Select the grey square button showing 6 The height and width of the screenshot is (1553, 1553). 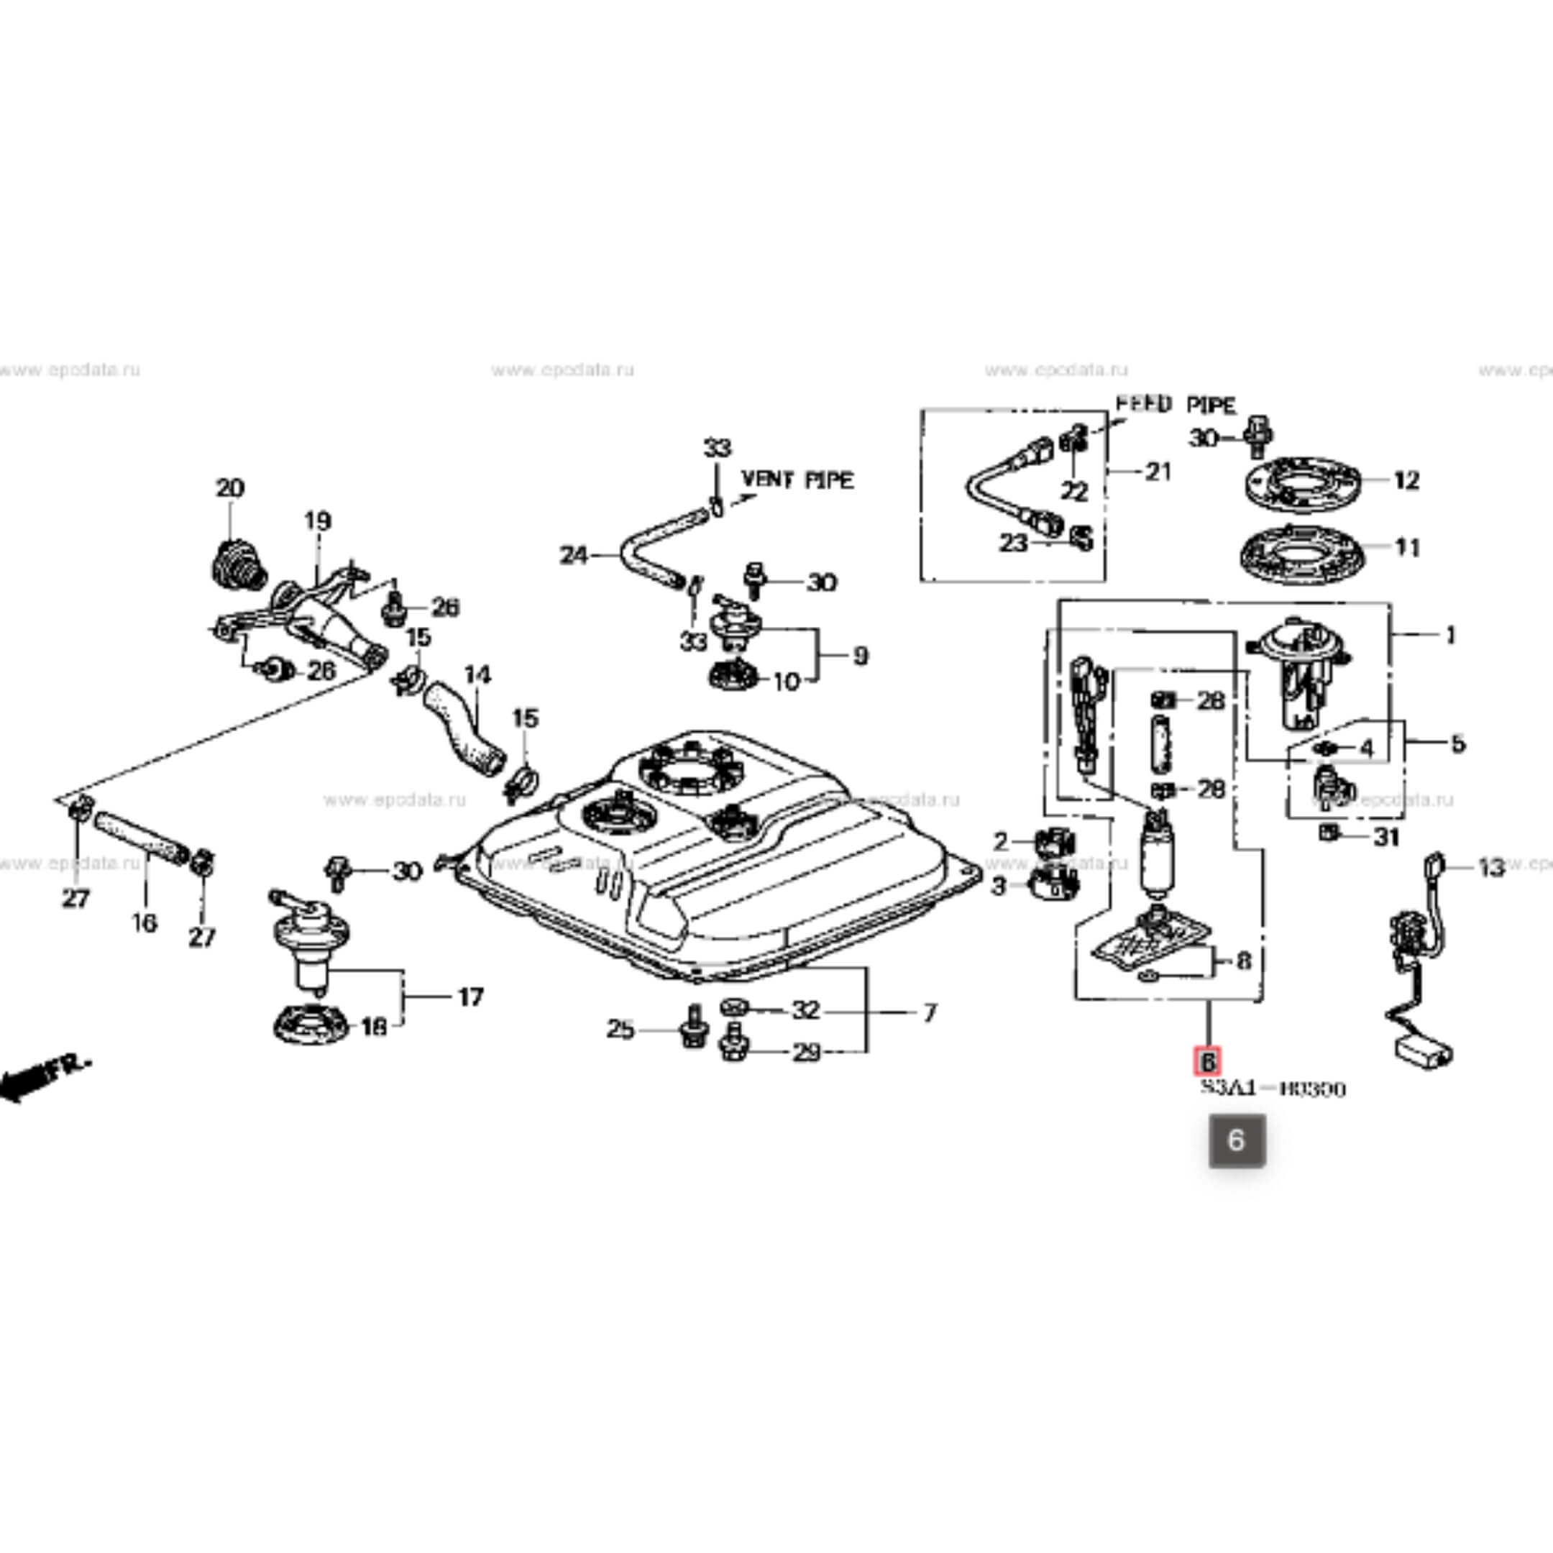tap(1237, 1140)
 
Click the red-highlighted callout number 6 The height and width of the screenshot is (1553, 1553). tap(1207, 1062)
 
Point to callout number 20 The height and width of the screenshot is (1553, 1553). tap(230, 488)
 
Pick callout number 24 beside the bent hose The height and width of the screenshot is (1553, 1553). tap(574, 556)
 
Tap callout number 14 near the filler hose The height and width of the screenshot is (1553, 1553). tap(477, 674)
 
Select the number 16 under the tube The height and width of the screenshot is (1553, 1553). tap(145, 922)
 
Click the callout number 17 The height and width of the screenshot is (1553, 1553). tap(470, 997)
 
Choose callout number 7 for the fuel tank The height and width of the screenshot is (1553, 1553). tap(929, 1013)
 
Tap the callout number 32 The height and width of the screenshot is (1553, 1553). tap(805, 1010)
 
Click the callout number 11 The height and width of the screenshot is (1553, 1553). tap(1407, 548)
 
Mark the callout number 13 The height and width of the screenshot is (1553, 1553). tap(1491, 868)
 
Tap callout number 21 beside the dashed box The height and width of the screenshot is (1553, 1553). tap(1158, 472)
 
